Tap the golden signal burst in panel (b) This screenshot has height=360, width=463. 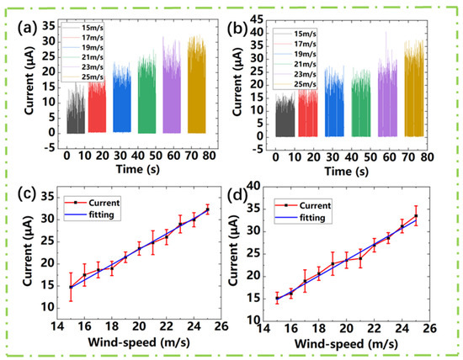[414, 97]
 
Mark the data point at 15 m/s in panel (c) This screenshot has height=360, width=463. [71, 287]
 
